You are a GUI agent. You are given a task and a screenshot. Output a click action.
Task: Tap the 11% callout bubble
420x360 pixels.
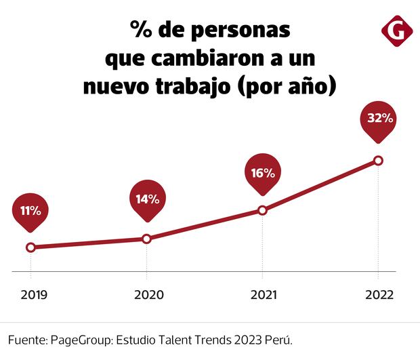(x=30, y=211)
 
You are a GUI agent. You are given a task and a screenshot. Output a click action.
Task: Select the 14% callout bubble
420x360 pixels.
(x=146, y=199)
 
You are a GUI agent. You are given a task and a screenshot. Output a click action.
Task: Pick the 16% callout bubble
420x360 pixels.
(x=262, y=173)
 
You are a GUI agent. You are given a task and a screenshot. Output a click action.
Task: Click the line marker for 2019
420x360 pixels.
(x=30, y=247)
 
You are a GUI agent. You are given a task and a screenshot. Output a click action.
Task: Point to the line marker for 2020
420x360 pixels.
(x=146, y=239)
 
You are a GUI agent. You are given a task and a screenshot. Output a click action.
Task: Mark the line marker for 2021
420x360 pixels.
(x=263, y=210)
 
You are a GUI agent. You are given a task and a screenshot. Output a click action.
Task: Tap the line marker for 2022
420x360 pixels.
(x=379, y=161)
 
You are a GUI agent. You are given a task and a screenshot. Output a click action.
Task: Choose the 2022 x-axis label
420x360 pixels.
(x=379, y=295)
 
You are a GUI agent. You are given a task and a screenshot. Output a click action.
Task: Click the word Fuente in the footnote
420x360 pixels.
(x=26, y=340)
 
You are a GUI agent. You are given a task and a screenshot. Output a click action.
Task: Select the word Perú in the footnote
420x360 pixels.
(x=278, y=340)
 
